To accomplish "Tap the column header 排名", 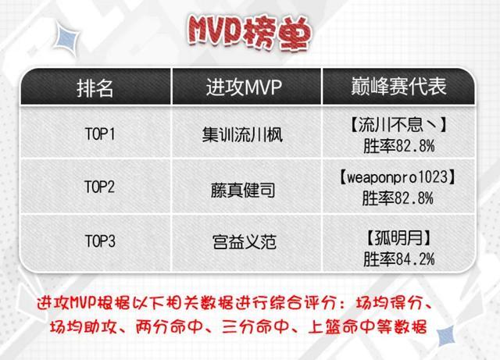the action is [x=95, y=87].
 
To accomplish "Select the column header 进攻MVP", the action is [x=244, y=87].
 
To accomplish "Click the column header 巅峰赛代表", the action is [x=398, y=87].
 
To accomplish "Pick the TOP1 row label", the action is [x=100, y=134].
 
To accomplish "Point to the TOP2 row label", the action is [x=99, y=187].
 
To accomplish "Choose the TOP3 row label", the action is [x=100, y=241].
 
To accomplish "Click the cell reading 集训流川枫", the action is [x=242, y=134].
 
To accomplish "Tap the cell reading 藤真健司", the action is [x=243, y=191].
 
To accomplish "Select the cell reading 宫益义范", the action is [x=245, y=242].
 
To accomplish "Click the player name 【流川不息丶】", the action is [x=398, y=125].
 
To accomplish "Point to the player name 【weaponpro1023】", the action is [x=398, y=177].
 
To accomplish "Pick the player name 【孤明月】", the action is [x=398, y=238].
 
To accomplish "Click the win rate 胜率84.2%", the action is [x=399, y=259].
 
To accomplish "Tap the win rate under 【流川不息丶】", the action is [x=399, y=146].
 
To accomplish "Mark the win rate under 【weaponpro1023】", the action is [x=398, y=198].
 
